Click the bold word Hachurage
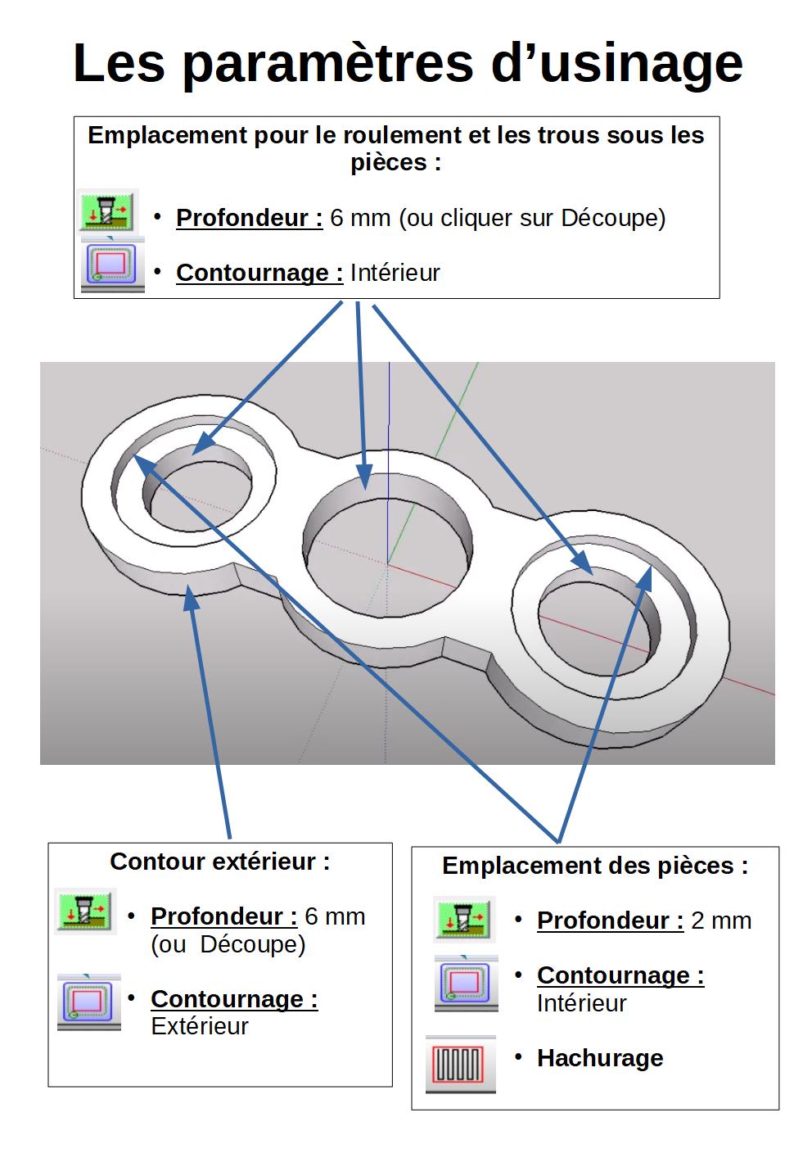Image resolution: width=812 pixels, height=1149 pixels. point(600,1058)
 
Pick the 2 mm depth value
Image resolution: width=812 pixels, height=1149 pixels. point(721,921)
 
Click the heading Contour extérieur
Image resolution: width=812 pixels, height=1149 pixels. point(220,862)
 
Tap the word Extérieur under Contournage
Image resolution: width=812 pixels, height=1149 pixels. point(200,1026)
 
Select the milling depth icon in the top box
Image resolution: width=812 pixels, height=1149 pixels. point(108,210)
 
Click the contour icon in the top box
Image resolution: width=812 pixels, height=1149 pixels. point(112,265)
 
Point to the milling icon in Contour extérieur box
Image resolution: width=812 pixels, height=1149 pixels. point(85,912)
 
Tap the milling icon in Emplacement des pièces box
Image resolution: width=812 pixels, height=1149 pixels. point(464,919)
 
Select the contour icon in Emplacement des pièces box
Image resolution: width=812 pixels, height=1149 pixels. point(466,984)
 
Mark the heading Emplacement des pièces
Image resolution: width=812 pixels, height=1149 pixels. point(595,866)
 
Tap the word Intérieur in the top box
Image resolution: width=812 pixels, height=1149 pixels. point(395,273)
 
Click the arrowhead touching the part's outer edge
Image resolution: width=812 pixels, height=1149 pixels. point(191,596)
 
